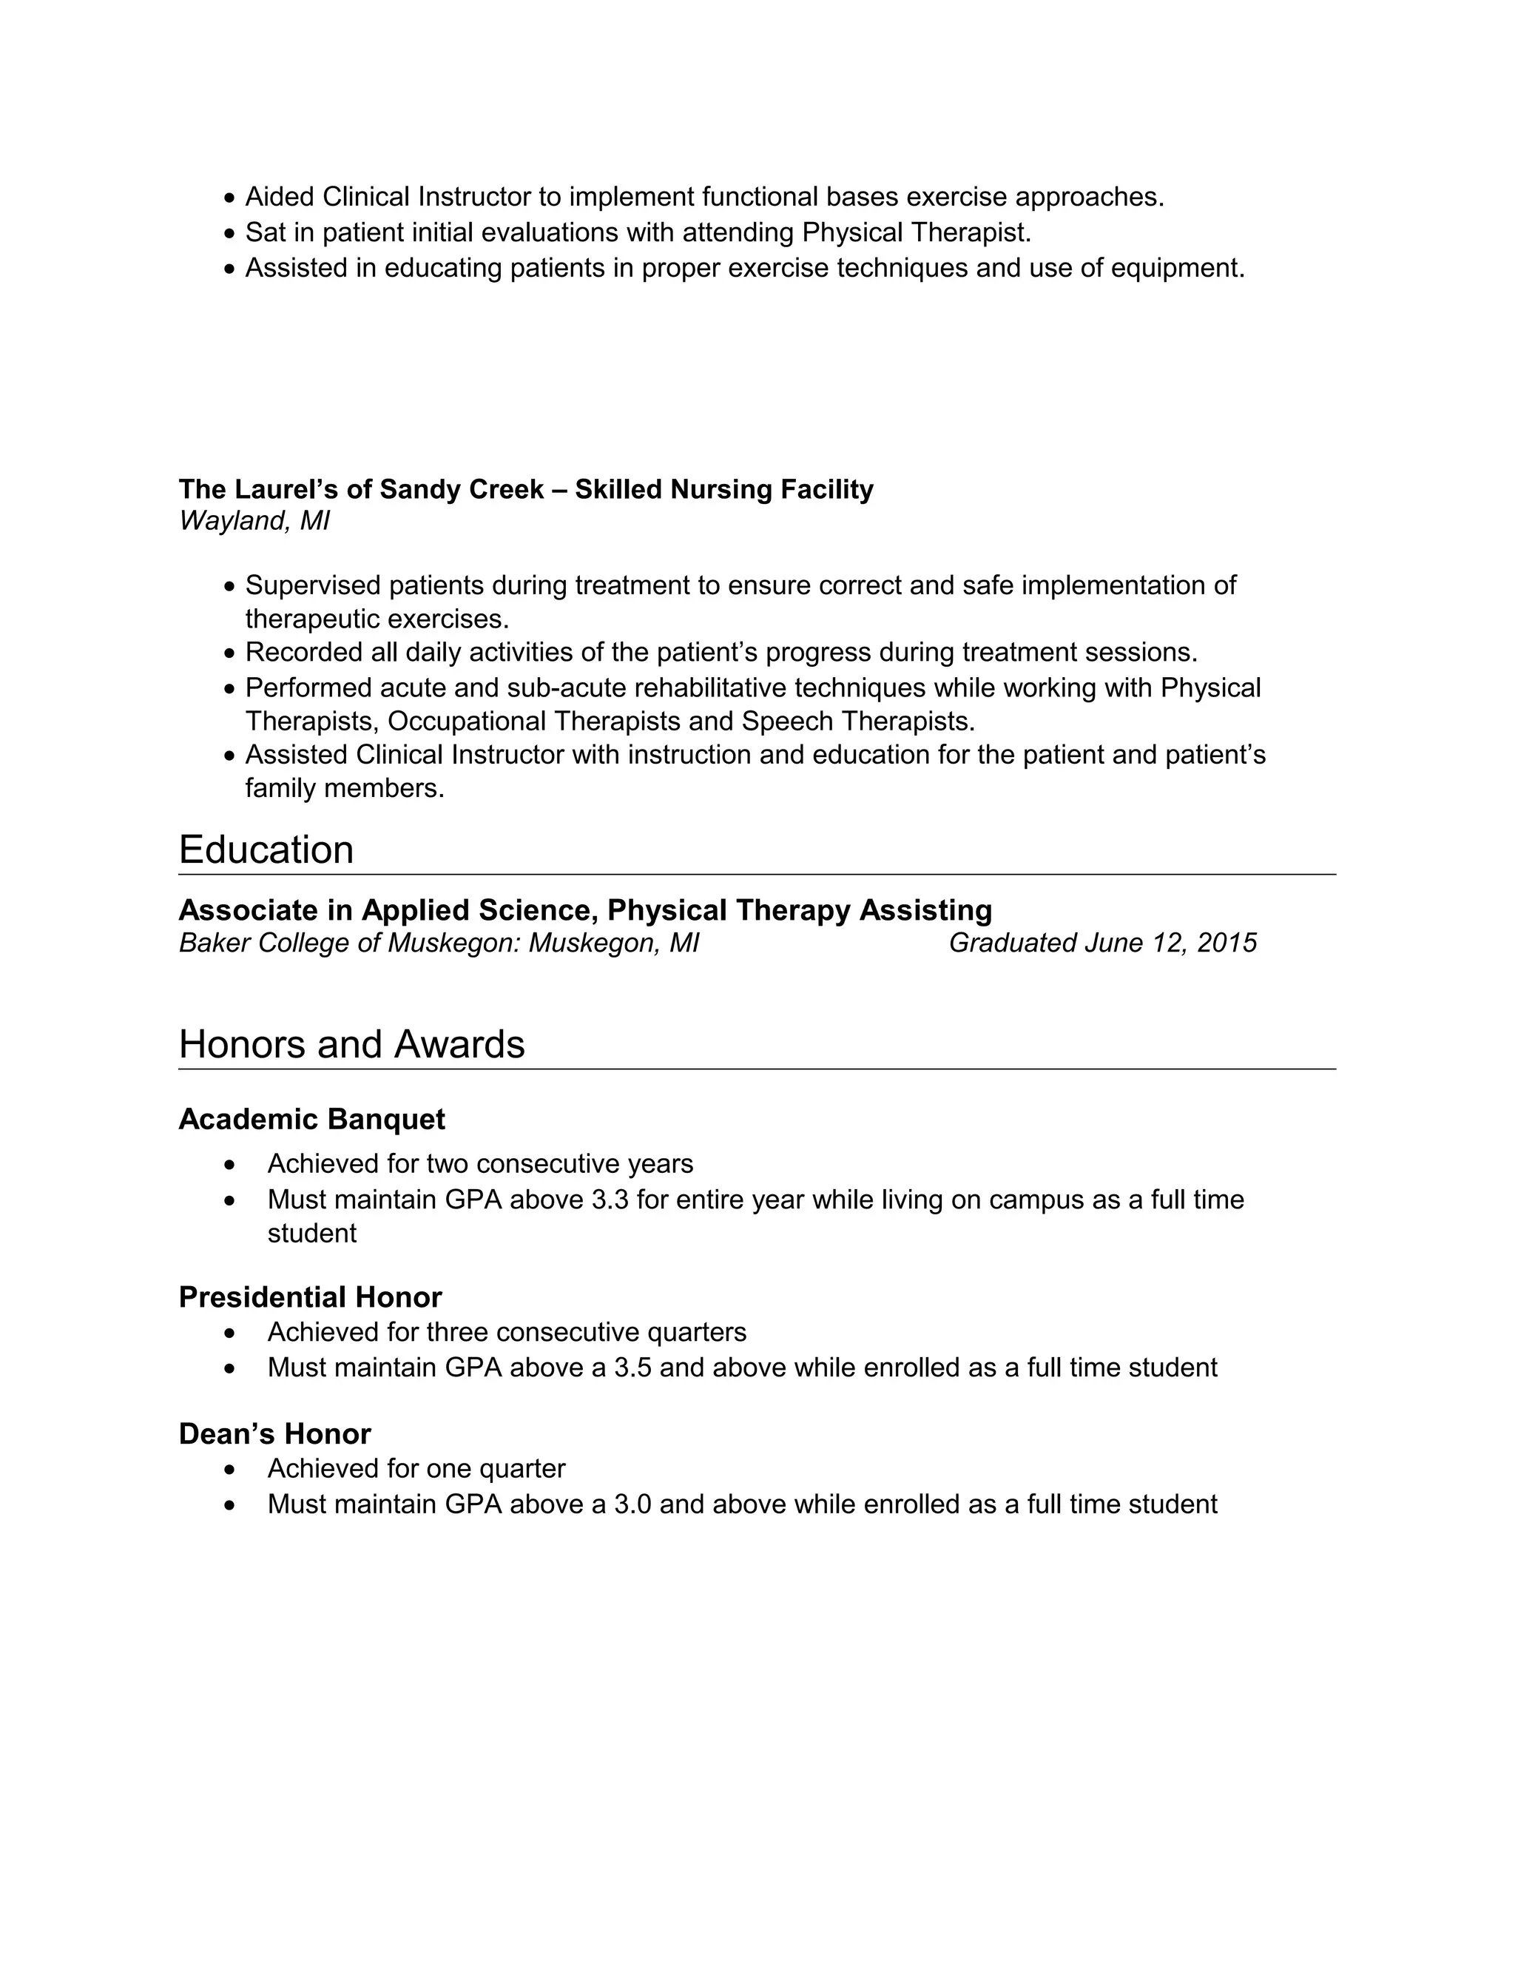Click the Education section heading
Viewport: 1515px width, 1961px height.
tap(266, 850)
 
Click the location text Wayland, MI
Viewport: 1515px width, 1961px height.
tap(254, 521)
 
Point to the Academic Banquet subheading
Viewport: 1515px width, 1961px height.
tap(311, 1120)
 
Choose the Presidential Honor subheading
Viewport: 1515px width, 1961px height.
tap(310, 1297)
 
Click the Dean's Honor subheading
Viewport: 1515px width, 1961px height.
tap(274, 1434)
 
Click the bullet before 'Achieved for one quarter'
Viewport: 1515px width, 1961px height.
tap(231, 1470)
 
